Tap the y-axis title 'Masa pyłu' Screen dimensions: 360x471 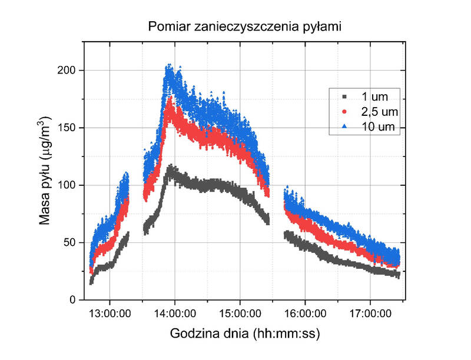(45, 171)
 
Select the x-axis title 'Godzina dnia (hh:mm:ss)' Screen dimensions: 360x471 (245, 334)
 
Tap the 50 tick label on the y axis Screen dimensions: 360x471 (70, 242)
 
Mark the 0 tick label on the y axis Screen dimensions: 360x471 (72, 299)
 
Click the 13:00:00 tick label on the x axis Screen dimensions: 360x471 (110, 313)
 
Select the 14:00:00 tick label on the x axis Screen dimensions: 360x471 (175, 313)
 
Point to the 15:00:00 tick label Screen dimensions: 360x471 (240, 313)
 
